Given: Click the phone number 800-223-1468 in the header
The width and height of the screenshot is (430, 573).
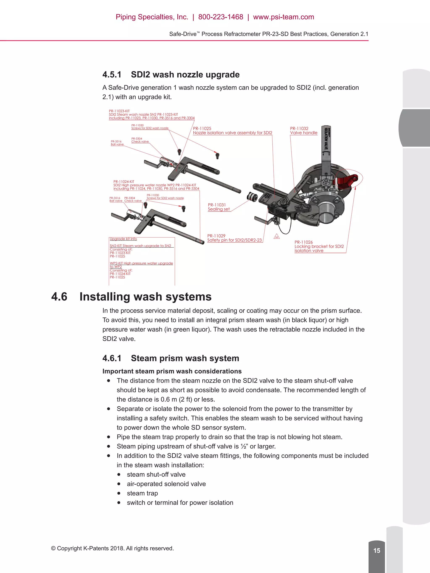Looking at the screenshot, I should pos(221,17).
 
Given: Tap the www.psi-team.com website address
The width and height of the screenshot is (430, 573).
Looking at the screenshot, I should pos(284,17).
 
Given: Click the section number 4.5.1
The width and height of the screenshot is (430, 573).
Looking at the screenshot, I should pos(112,75).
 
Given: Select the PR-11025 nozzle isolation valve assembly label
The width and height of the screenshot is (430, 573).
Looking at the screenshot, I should pos(232,131).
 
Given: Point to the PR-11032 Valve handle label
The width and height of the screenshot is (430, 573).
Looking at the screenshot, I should pos(304,131).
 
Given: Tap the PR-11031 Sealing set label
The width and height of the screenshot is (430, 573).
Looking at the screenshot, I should pos(219,207).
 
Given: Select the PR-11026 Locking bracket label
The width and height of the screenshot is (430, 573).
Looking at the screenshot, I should pos(319,246).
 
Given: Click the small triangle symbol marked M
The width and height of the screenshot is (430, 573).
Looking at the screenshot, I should pos(277,237).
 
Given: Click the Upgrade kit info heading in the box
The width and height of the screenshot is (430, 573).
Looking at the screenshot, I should pos(123,239).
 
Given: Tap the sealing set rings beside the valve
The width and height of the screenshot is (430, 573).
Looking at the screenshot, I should pos(251,197).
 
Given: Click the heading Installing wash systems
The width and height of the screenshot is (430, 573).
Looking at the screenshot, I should pos(146,297).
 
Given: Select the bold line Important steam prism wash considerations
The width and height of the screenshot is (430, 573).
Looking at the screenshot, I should pos(172,371).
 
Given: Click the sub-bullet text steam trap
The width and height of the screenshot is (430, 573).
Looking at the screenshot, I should pos(142,493).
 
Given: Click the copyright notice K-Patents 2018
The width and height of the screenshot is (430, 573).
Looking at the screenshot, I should pos(112,548).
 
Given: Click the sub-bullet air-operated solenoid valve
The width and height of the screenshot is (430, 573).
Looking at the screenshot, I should pos(166,484).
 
